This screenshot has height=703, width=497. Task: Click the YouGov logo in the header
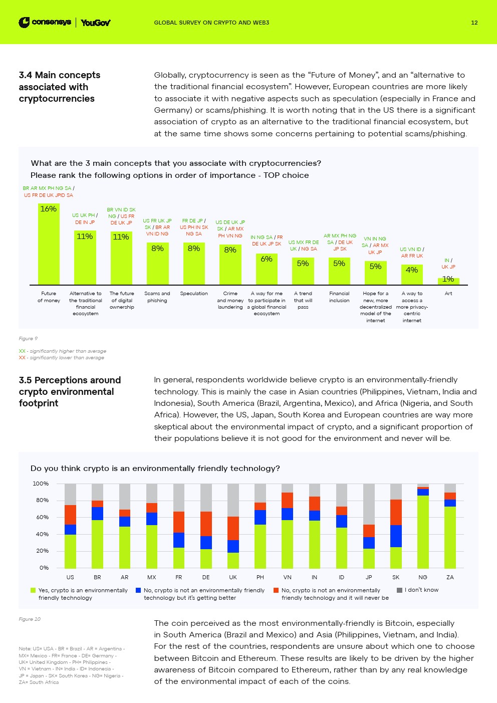click(x=95, y=23)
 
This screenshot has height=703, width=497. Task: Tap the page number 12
click(x=474, y=23)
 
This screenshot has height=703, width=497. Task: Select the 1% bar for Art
click(x=448, y=281)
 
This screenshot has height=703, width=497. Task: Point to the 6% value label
click(x=267, y=259)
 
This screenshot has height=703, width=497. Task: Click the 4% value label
click(x=412, y=270)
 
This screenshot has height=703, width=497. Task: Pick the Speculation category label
click(x=194, y=294)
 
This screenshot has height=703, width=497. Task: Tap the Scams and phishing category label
click(x=157, y=297)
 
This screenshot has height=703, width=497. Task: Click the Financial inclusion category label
click(x=339, y=297)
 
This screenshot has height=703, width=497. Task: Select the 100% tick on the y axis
click(x=41, y=484)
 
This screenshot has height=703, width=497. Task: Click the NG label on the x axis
click(x=423, y=577)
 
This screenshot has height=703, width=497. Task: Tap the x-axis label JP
click(x=369, y=577)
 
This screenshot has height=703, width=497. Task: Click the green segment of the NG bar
click(x=423, y=531)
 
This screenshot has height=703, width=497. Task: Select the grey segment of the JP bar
click(x=369, y=504)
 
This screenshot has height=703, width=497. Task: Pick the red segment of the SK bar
click(x=396, y=512)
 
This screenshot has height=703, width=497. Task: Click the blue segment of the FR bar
click(x=179, y=540)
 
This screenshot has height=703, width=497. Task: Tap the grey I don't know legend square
click(x=399, y=590)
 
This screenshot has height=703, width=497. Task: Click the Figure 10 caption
click(x=30, y=619)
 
